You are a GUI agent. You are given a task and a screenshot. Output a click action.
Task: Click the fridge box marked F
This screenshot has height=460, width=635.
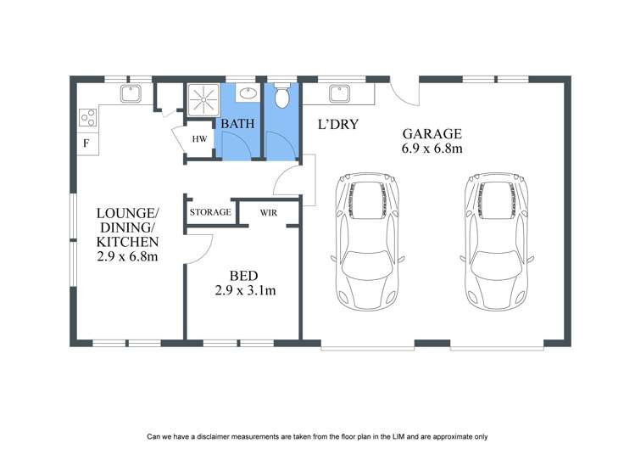coord(86,143)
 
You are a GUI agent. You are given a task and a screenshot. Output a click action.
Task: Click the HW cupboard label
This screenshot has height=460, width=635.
coord(199,139)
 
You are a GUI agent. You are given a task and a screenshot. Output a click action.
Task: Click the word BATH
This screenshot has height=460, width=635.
coord(238,124)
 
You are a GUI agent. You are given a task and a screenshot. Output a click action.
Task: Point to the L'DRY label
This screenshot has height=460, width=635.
coord(338,125)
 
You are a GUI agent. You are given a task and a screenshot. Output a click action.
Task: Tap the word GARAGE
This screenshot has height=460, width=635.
coord(432,133)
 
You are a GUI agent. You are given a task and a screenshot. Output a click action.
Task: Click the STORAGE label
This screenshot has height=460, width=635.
coord(210,211)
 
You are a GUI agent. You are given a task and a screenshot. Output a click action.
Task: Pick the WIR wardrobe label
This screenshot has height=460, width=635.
coord(269,211)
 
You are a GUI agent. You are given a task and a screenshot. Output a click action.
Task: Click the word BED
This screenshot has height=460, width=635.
coord(242,275)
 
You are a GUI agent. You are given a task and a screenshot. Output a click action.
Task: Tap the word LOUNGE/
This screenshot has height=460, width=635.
coord(127,212)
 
